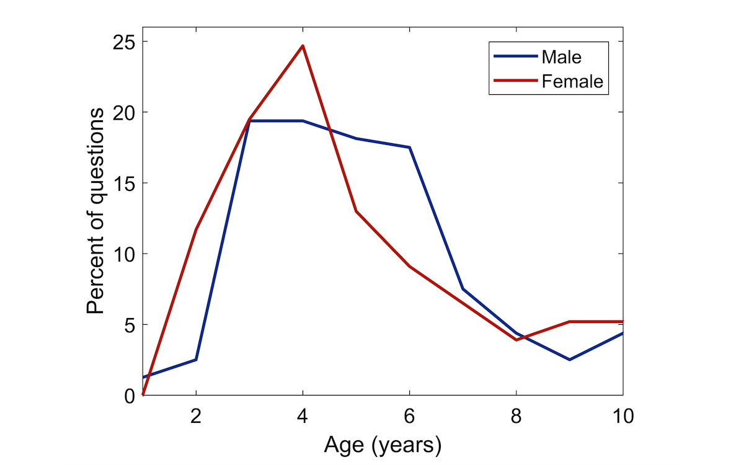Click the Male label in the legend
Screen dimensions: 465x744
[562, 57]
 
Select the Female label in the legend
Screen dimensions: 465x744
[572, 81]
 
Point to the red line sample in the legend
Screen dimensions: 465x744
[515, 81]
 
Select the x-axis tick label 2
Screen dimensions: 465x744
[196, 415]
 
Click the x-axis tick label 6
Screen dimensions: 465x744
[409, 415]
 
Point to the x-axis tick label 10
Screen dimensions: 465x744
[622, 415]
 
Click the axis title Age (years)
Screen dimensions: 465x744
[383, 445]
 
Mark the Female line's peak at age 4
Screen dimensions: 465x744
[303, 46]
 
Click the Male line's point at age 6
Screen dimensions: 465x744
[409, 148]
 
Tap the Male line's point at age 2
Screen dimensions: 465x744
[196, 360]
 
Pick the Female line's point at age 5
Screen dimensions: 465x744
[356, 211]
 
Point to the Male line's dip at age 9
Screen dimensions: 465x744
[569, 360]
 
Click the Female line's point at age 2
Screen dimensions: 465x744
[196, 229]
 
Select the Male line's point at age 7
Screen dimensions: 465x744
[463, 289]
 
